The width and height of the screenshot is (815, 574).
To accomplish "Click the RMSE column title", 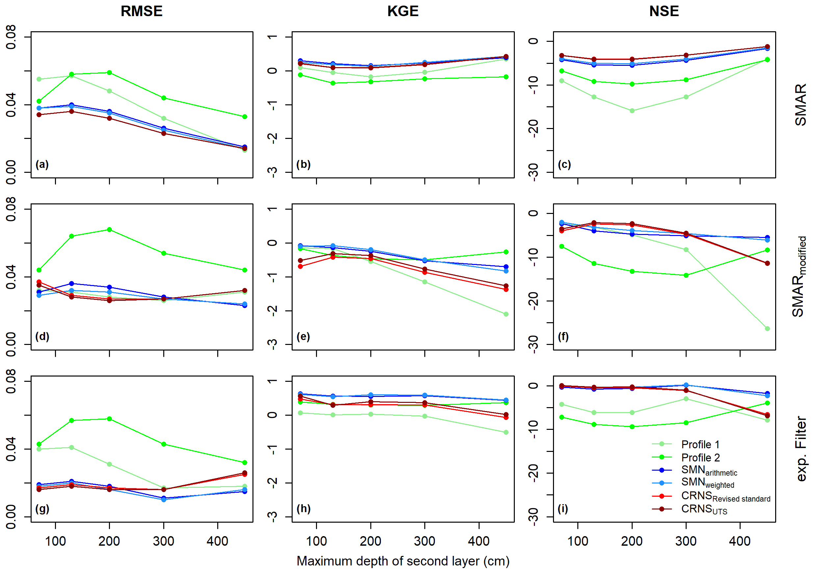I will (141, 12).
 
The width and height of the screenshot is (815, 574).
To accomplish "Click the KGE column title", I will (403, 12).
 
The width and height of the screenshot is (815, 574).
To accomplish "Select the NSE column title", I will (664, 12).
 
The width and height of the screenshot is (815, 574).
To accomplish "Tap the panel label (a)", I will (42, 164).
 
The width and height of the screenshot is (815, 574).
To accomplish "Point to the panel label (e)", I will (303, 336).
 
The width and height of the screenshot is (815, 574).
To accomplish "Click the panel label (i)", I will (563, 509).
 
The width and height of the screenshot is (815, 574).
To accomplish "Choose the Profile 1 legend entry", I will (700, 444).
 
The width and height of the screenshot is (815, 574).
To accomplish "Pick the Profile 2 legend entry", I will (700, 457).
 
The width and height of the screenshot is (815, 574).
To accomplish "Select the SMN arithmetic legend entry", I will (708, 471).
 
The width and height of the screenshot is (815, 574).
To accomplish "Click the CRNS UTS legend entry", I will (704, 509).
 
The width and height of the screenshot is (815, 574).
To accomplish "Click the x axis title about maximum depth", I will (403, 561).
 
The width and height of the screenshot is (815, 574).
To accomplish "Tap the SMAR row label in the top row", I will (801, 105).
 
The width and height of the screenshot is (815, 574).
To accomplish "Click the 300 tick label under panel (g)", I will (163, 541).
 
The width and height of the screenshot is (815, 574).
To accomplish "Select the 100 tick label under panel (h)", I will (316, 541).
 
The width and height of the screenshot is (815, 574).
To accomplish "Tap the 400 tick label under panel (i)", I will (740, 541).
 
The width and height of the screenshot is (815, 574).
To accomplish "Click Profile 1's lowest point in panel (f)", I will (767, 329).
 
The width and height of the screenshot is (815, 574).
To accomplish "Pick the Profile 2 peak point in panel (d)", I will (109, 230).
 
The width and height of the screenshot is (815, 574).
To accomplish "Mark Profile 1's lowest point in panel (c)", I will (632, 111).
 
